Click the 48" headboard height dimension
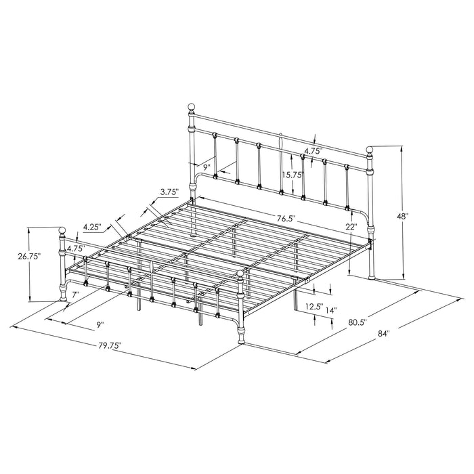[404, 217]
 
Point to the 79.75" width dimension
[108, 345]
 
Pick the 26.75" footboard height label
[30, 256]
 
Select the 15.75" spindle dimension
[292, 174]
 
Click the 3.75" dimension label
[169, 192]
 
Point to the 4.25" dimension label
[94, 227]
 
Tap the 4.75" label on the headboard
[312, 151]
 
